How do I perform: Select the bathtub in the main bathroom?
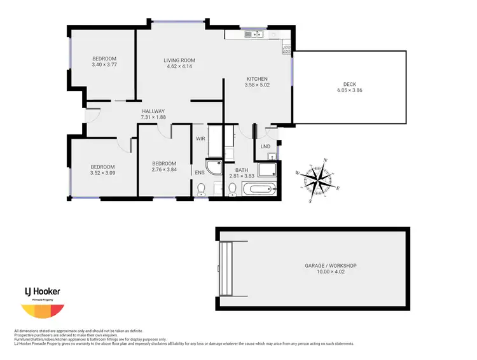click(261, 189)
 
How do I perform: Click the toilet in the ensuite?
click(202, 189)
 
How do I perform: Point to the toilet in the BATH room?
click(233, 189)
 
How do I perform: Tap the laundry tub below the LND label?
click(272, 155)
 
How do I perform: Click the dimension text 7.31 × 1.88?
click(153, 117)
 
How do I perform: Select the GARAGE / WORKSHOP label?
click(331, 265)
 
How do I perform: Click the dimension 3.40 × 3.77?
click(105, 65)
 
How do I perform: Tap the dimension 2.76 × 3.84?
click(164, 170)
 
